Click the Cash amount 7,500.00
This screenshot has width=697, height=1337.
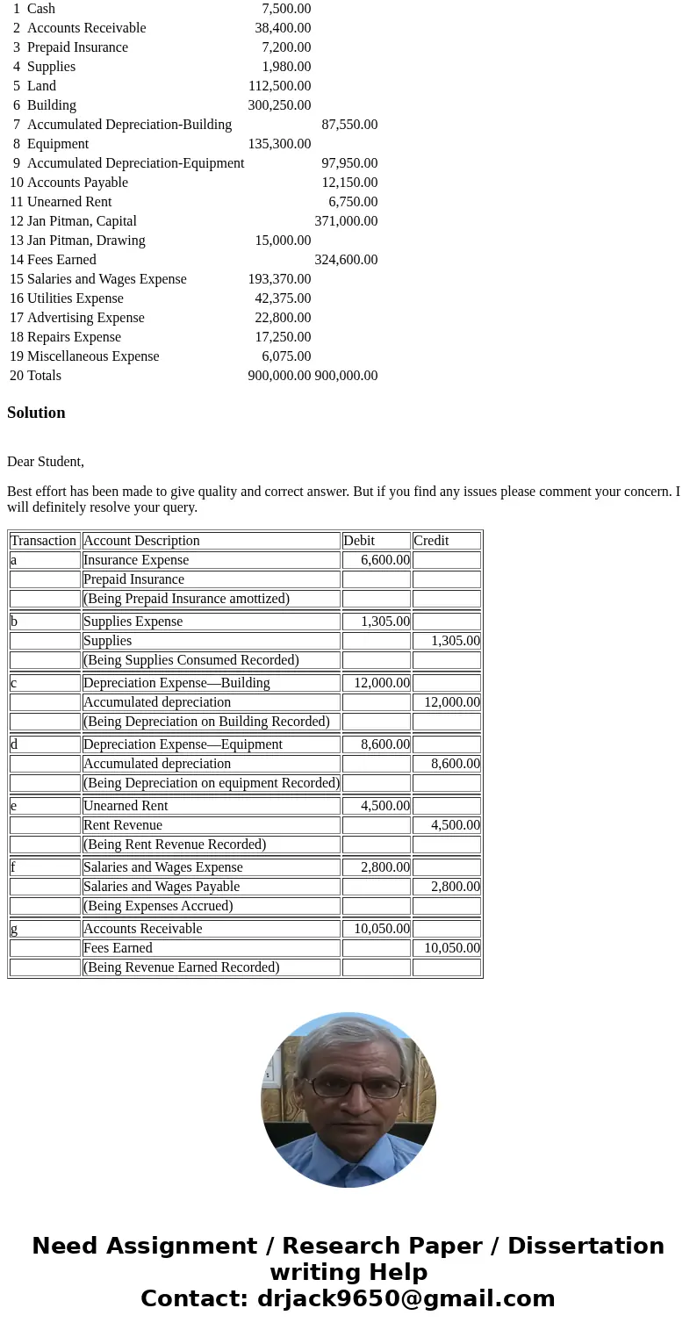[x=286, y=9]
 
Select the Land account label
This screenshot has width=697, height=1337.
[x=41, y=86]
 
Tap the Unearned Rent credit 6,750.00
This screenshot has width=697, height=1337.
[x=353, y=202]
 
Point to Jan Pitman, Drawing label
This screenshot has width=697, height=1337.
[x=86, y=241]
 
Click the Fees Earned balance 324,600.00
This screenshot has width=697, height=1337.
[x=346, y=260]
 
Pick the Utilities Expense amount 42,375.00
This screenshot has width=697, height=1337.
[x=283, y=298]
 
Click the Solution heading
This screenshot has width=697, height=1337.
[x=36, y=413]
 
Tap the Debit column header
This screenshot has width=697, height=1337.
[x=359, y=541]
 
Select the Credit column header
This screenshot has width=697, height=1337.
[x=431, y=541]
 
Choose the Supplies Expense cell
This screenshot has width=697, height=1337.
[x=133, y=622]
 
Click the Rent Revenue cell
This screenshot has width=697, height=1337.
[x=123, y=825]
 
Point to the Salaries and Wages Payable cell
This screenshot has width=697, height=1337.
[x=162, y=887]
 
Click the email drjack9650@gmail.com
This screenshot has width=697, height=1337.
[x=406, y=1299]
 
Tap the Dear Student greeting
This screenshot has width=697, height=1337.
[x=46, y=462]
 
